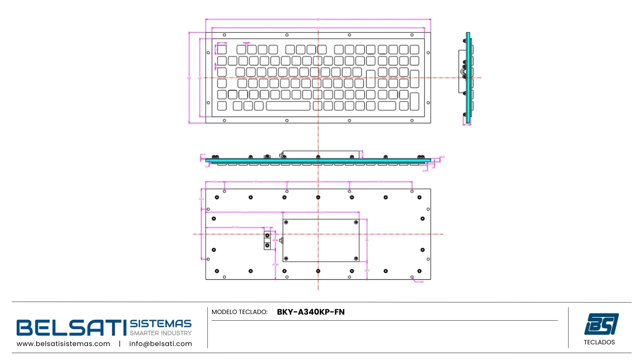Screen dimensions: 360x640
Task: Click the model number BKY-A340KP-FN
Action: click(x=311, y=312)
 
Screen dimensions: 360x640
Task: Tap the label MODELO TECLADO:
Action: click(x=239, y=312)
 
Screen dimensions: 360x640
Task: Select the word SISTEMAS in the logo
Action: click(x=161, y=324)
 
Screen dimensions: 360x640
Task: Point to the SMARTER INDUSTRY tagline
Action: click(x=161, y=333)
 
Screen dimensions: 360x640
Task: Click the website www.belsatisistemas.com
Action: click(x=63, y=344)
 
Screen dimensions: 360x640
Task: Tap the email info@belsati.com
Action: click(x=161, y=344)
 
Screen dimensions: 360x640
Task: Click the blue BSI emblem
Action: click(x=601, y=324)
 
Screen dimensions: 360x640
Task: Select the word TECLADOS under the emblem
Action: click(x=599, y=342)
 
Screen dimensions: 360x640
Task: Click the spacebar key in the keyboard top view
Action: click(x=288, y=106)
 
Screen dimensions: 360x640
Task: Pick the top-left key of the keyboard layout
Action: click(x=222, y=50)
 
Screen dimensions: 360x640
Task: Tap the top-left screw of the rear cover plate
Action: click(x=286, y=222)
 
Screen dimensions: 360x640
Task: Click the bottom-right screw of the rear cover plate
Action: click(x=356, y=259)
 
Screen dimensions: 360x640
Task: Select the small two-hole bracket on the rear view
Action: click(x=267, y=240)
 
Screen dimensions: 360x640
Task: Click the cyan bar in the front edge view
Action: click(x=318, y=160)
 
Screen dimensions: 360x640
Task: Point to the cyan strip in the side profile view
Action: click(x=468, y=78)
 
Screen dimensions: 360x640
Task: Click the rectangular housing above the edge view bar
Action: click(x=321, y=154)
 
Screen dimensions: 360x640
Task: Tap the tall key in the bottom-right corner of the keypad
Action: click(x=414, y=101)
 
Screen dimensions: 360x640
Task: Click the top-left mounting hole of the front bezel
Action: click(x=224, y=35)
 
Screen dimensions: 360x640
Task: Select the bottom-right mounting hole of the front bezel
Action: click(x=412, y=121)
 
